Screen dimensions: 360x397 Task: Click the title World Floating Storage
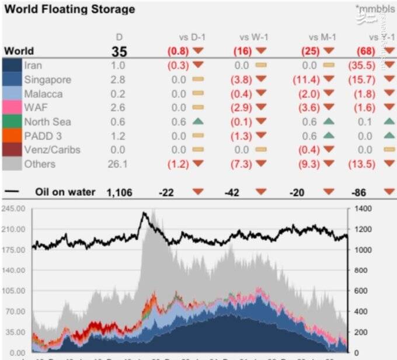(69, 9)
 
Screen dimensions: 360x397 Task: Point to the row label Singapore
(48, 79)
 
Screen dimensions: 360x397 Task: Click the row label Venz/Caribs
(52, 150)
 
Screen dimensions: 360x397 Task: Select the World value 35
(119, 51)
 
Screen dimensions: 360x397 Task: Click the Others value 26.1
(118, 164)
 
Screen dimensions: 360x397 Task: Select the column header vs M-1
(322, 37)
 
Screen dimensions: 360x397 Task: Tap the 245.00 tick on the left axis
(13, 209)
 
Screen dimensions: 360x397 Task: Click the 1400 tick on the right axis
(362, 209)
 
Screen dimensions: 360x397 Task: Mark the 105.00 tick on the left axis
(13, 291)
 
